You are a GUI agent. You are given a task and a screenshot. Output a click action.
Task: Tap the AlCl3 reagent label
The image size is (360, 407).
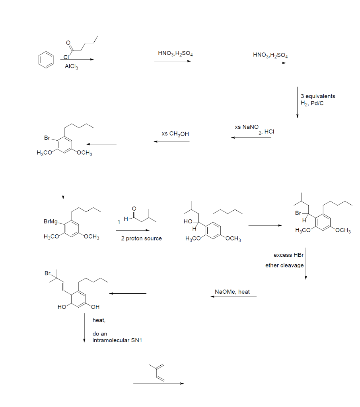(72, 67)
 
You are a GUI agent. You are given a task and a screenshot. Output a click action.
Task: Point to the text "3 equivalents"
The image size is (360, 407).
(318, 96)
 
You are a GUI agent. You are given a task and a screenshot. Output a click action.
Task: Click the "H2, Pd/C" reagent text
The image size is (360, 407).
(315, 103)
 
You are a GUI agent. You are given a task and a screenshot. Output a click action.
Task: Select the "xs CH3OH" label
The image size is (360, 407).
(175, 134)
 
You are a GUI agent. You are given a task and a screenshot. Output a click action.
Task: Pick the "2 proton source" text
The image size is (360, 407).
(142, 238)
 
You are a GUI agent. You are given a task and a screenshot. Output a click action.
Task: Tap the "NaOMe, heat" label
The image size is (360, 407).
(232, 292)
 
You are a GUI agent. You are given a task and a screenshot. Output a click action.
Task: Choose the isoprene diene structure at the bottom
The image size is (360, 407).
(157, 373)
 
